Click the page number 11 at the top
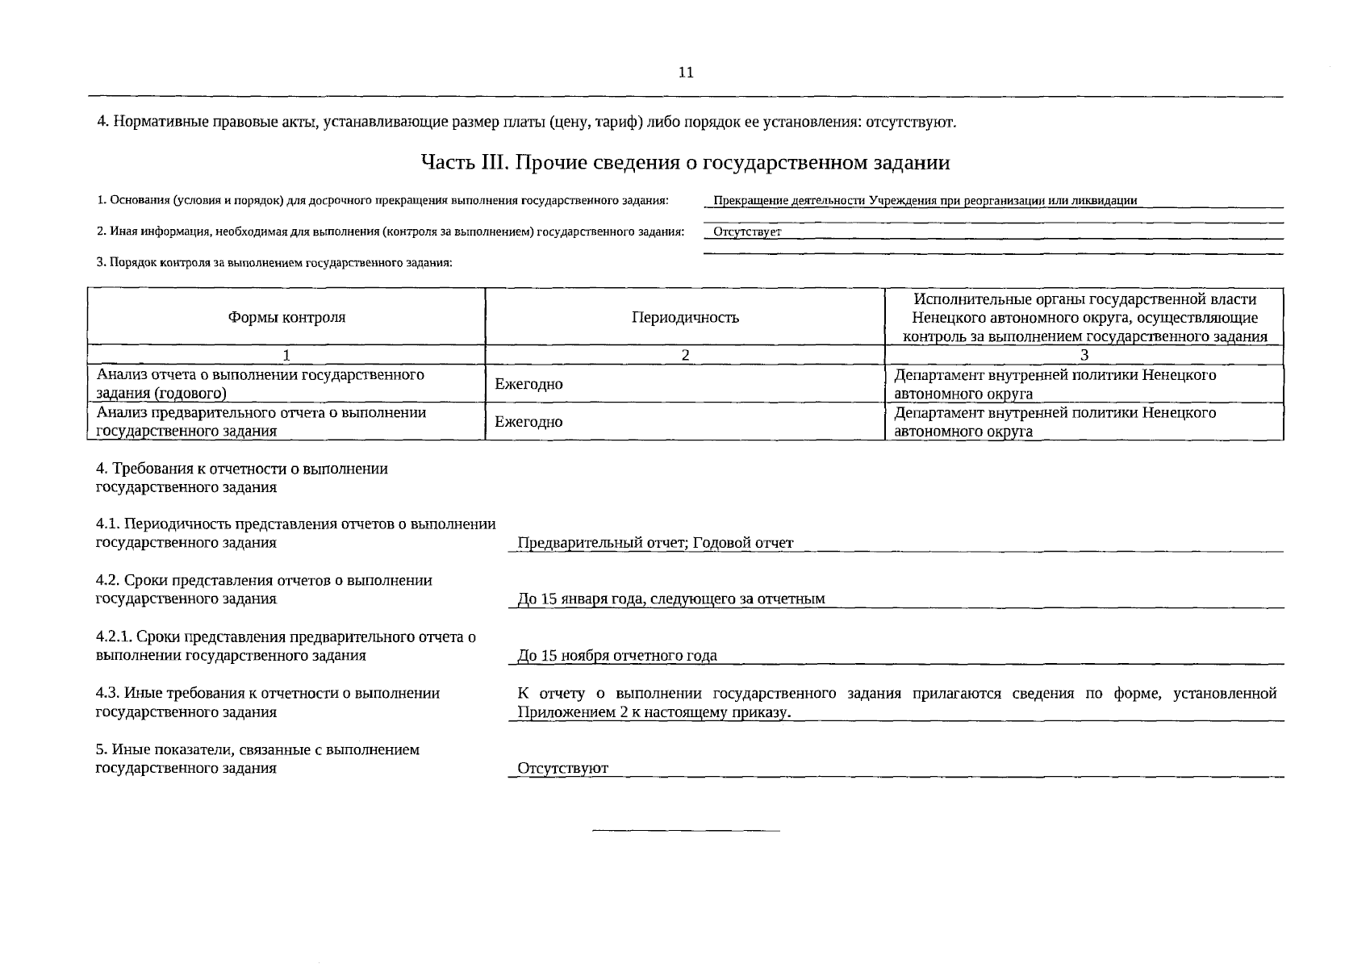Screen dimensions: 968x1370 coord(686,73)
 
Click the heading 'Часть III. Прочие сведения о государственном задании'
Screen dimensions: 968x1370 coord(685,163)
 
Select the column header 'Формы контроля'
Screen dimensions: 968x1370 coord(286,318)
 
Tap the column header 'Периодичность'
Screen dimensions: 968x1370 coord(685,318)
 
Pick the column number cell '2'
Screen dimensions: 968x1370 coord(685,355)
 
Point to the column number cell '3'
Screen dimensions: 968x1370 coord(1084,355)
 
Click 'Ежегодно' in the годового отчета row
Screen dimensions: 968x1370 coord(528,385)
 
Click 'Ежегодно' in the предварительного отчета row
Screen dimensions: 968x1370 coord(528,422)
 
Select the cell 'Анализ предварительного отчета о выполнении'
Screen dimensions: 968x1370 coord(261,413)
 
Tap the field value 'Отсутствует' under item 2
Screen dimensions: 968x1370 coord(748,232)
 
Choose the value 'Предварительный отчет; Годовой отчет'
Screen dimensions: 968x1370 coord(655,543)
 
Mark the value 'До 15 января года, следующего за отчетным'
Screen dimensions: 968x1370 coord(671,599)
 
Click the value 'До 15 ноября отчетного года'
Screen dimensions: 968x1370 coord(617,656)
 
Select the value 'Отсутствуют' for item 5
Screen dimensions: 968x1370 coord(562,768)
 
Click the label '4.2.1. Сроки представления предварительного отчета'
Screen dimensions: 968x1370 coord(286,637)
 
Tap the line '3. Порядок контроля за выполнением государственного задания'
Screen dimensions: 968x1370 coord(274,263)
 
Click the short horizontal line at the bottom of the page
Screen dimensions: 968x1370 coord(686,830)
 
